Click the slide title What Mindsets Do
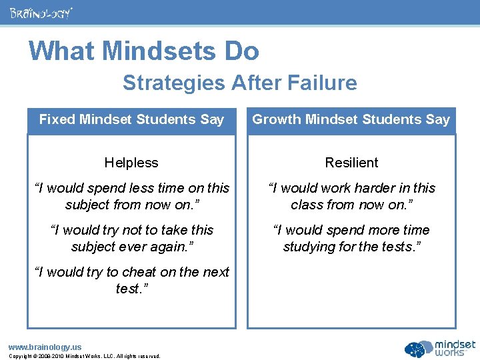[144, 51]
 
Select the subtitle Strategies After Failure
[239, 83]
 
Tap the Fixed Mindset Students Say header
[131, 120]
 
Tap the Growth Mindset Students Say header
[351, 120]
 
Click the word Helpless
[131, 163]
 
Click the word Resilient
[351, 163]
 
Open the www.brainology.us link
[45, 347]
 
